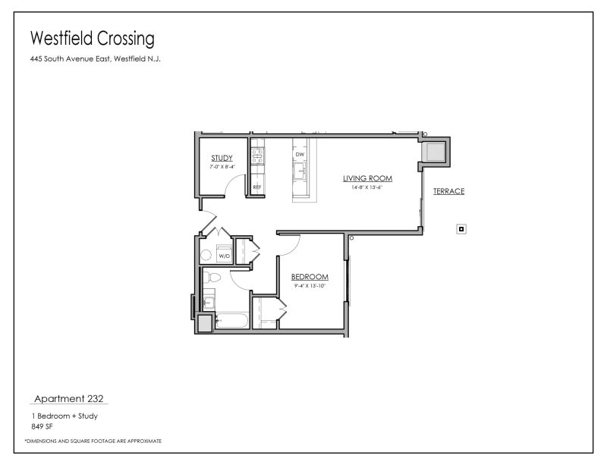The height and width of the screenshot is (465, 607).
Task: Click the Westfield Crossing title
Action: point(92,37)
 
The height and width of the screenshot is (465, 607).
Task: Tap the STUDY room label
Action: point(222,158)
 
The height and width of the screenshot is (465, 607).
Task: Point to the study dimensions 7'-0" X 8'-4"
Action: point(222,166)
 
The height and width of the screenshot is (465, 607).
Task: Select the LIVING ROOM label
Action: point(367,178)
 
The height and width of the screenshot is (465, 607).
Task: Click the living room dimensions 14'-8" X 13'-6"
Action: point(367,187)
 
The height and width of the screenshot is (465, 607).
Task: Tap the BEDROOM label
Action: point(310,277)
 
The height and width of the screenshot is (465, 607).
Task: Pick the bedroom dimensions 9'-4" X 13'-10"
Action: point(310,285)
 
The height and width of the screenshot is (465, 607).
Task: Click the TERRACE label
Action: point(448,191)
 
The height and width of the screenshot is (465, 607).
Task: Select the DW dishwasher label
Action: point(300,154)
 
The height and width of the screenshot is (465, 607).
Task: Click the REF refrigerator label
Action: point(257,186)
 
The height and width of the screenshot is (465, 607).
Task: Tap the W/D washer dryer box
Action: point(225,256)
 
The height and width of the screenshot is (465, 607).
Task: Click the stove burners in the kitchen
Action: point(257,156)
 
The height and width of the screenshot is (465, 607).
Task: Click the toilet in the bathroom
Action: point(213,280)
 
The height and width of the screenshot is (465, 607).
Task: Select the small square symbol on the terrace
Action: point(461,228)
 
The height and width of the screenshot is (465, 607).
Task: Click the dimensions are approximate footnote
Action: point(93,441)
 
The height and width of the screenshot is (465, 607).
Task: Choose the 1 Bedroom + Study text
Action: point(64,416)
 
